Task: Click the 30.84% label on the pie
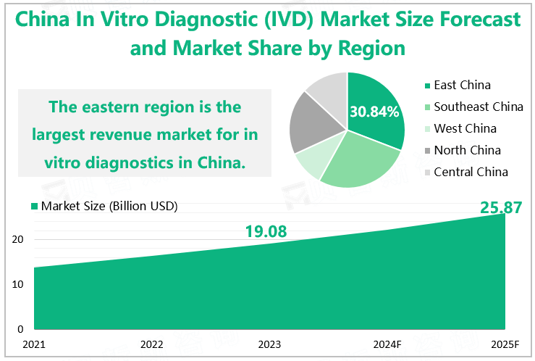click(x=374, y=112)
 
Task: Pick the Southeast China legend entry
click(x=478, y=107)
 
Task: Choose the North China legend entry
click(x=466, y=151)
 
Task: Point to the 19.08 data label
click(x=266, y=232)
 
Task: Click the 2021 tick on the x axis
click(x=34, y=344)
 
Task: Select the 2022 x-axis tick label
click(x=151, y=344)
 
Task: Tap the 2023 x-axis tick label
click(x=269, y=344)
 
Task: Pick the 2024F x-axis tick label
click(x=387, y=344)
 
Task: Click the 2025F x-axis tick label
click(x=505, y=344)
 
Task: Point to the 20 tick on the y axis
click(x=20, y=240)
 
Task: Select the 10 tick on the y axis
click(x=20, y=285)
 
